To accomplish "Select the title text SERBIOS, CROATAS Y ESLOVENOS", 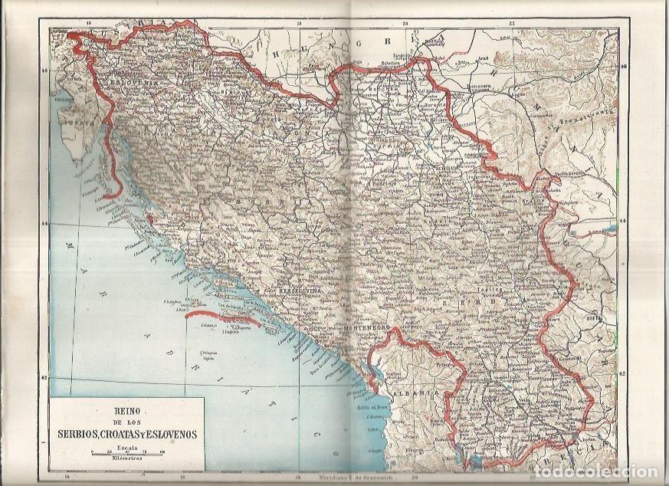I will [x=126, y=433].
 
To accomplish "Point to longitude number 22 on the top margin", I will [x=512, y=25].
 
